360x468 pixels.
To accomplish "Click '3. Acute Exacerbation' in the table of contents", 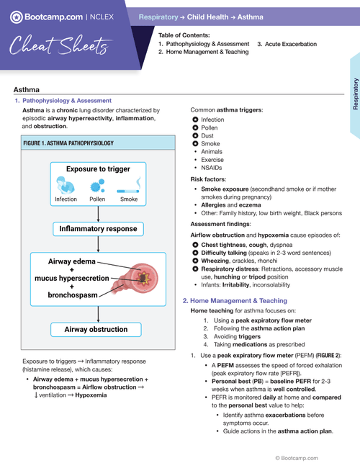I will pyautogui.click(x=287, y=44).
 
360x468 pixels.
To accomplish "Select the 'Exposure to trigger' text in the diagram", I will pyautogui.click(x=98, y=169).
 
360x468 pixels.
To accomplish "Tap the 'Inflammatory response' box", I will pyautogui.click(x=98, y=230).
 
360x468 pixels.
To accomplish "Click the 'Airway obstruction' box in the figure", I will pyautogui.click(x=98, y=330).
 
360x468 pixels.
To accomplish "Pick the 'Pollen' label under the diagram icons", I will pyautogui.click(x=97, y=199).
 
